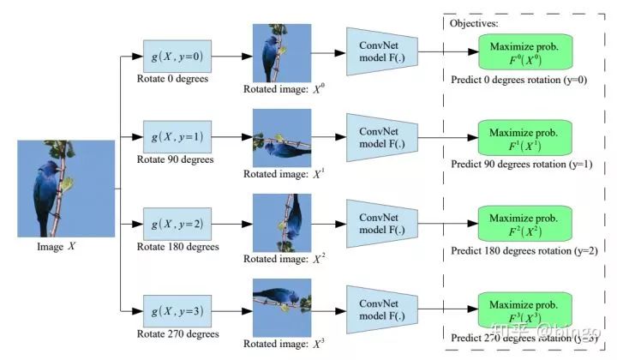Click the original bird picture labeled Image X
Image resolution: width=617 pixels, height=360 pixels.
tap(65, 189)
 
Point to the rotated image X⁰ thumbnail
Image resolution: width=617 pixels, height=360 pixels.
tap(276, 53)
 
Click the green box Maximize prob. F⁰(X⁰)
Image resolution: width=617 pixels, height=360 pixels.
tap(524, 52)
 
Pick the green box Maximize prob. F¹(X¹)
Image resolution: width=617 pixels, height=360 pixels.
tap(524, 138)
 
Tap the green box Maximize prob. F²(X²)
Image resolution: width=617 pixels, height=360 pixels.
tap(524, 224)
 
